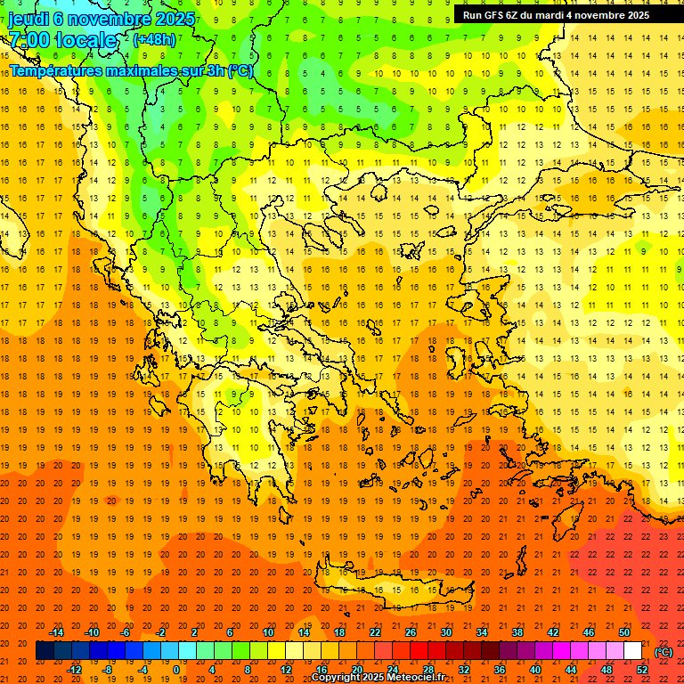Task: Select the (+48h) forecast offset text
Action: coord(155,39)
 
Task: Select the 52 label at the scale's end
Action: coord(642,670)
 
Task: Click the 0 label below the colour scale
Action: coord(176,670)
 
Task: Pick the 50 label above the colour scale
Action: coord(624,632)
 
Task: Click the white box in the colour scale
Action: coord(632,651)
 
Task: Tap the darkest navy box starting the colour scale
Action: coord(45,651)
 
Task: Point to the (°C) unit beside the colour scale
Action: coord(664,652)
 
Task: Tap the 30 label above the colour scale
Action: coord(445,632)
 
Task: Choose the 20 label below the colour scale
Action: coord(356,670)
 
